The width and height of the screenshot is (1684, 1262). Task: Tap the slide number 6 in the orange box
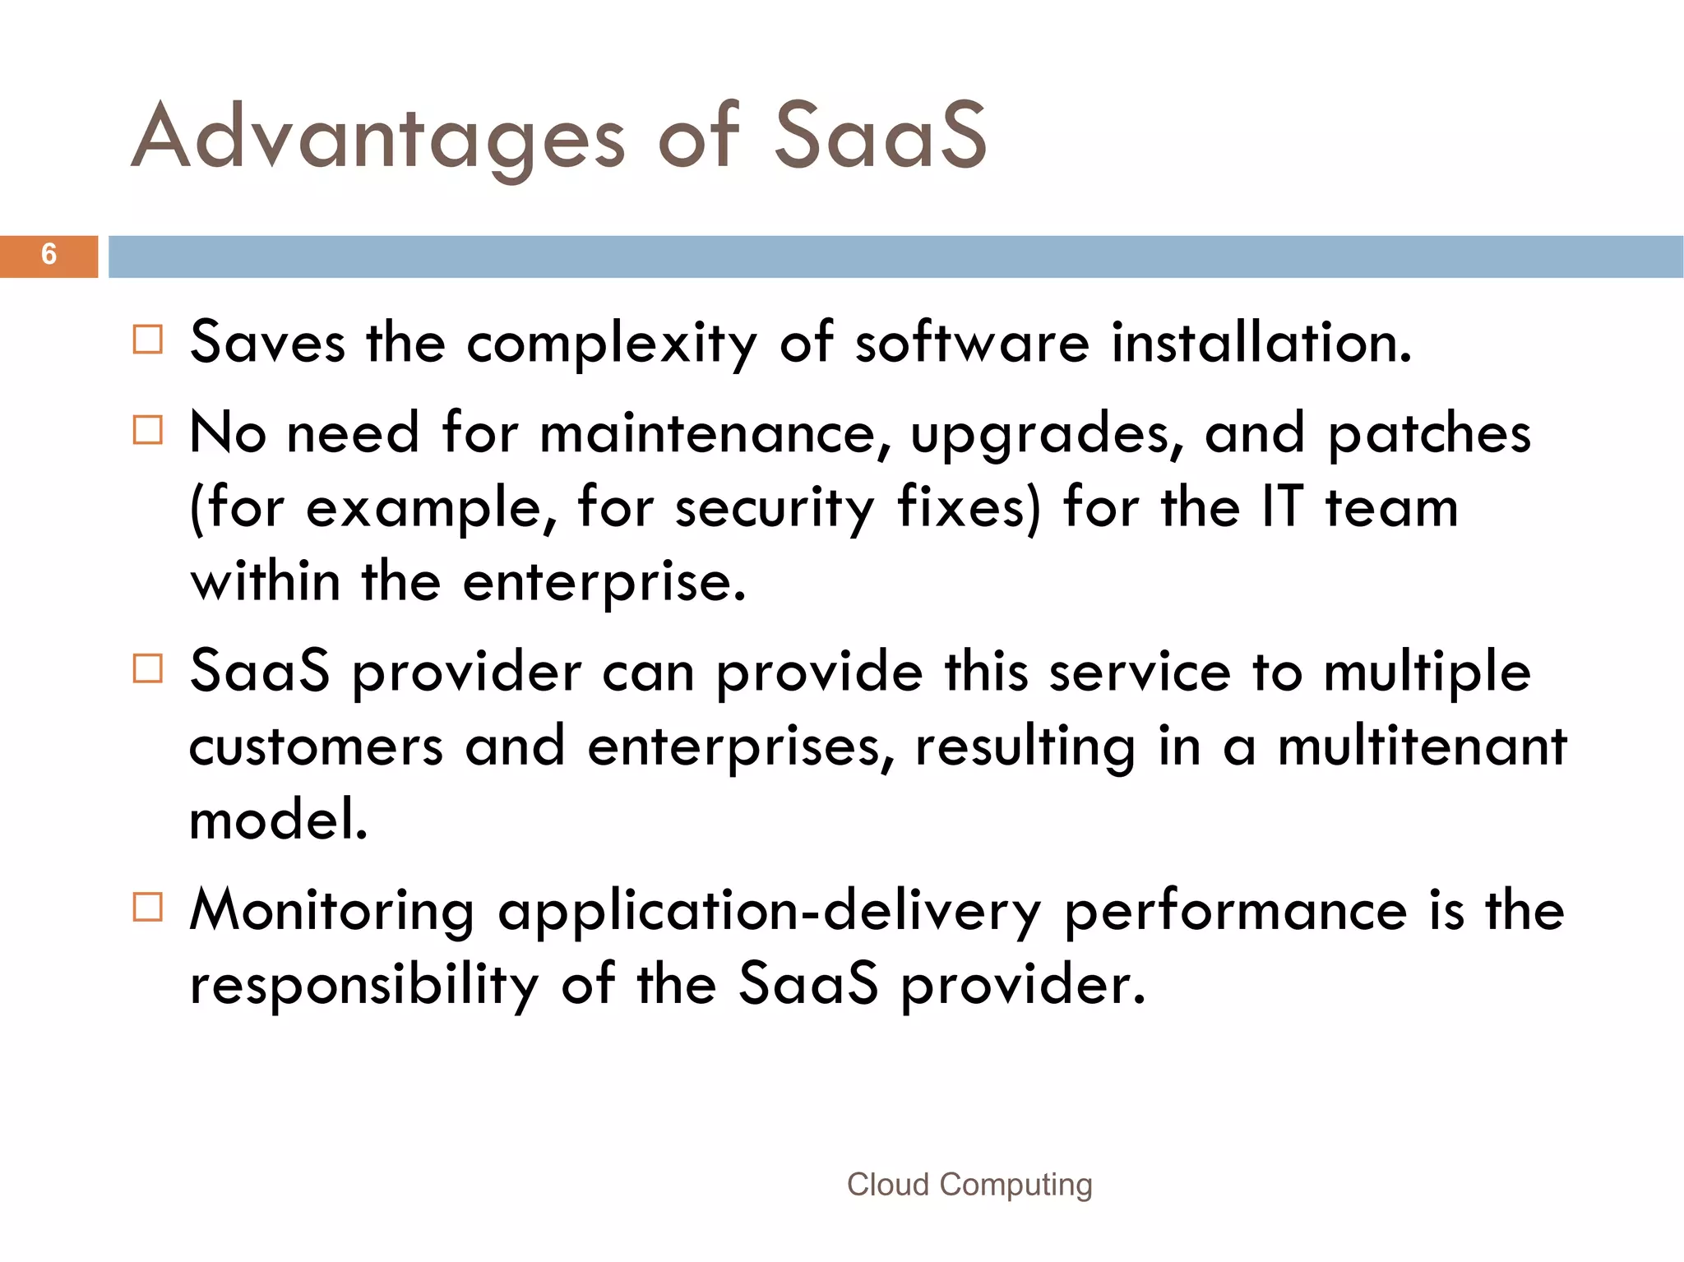[x=49, y=255]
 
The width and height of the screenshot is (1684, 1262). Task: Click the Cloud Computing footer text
[x=969, y=1185]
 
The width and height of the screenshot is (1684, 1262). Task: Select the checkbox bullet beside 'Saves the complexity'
[x=148, y=340]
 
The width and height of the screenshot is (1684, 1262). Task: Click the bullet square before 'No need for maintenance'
[x=148, y=429]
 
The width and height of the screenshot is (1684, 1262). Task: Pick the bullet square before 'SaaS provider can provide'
[x=148, y=668]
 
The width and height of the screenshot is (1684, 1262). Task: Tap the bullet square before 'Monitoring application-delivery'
[x=148, y=908]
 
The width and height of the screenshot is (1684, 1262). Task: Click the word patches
[x=1429, y=433]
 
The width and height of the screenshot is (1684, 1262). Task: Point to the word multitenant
[x=1422, y=747]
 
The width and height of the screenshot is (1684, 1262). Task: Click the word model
[x=278, y=820]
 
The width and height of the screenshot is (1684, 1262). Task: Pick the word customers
[x=316, y=747]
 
